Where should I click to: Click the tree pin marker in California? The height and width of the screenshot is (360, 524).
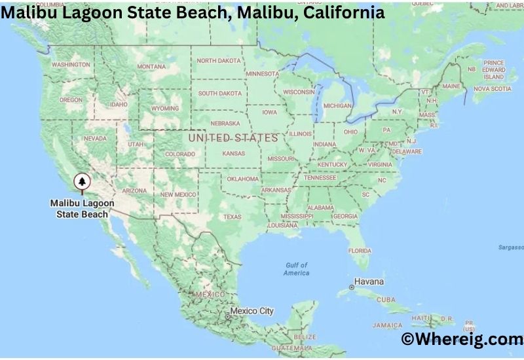pos(82,181)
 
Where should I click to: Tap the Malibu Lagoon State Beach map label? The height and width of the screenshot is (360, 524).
pos(82,209)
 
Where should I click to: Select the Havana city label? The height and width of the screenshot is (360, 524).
pos(369,281)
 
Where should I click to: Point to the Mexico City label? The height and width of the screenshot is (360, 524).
pos(252,311)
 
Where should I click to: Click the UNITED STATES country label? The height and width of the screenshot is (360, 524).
pos(233,138)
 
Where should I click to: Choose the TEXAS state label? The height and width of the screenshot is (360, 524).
pos(232,217)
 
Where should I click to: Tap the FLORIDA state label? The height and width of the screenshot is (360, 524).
pos(360,250)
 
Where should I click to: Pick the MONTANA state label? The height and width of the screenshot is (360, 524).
pos(151,66)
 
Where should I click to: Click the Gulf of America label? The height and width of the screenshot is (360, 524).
pos(296,268)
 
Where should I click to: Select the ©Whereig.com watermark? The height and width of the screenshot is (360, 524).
pos(461,339)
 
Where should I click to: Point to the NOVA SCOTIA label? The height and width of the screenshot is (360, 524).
pos(492,88)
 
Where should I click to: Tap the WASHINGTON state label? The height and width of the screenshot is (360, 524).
pos(70,65)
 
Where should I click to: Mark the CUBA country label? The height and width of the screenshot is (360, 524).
pos(386,299)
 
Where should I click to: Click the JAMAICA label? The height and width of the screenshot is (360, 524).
pos(388,325)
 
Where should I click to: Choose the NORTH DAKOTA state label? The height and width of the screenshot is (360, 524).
pos(219,60)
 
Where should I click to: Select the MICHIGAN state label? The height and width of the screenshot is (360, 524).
pos(337,105)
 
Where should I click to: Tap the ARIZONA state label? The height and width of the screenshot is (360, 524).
pos(134,190)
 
